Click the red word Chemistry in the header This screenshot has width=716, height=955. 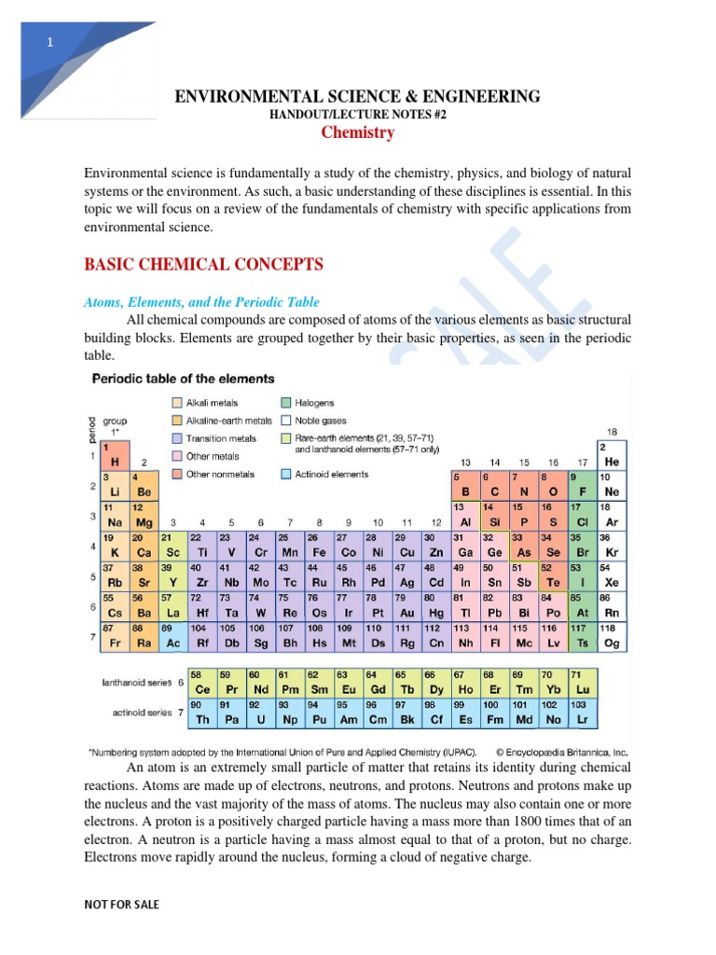click(358, 132)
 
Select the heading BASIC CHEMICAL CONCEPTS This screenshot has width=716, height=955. click(204, 265)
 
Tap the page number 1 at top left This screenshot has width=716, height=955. click(50, 43)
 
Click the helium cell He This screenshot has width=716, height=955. click(612, 455)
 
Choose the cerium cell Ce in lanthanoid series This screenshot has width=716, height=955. click(201, 683)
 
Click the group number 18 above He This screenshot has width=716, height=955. click(612, 432)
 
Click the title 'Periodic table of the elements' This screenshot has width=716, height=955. click(182, 379)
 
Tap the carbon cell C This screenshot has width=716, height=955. click(494, 485)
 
